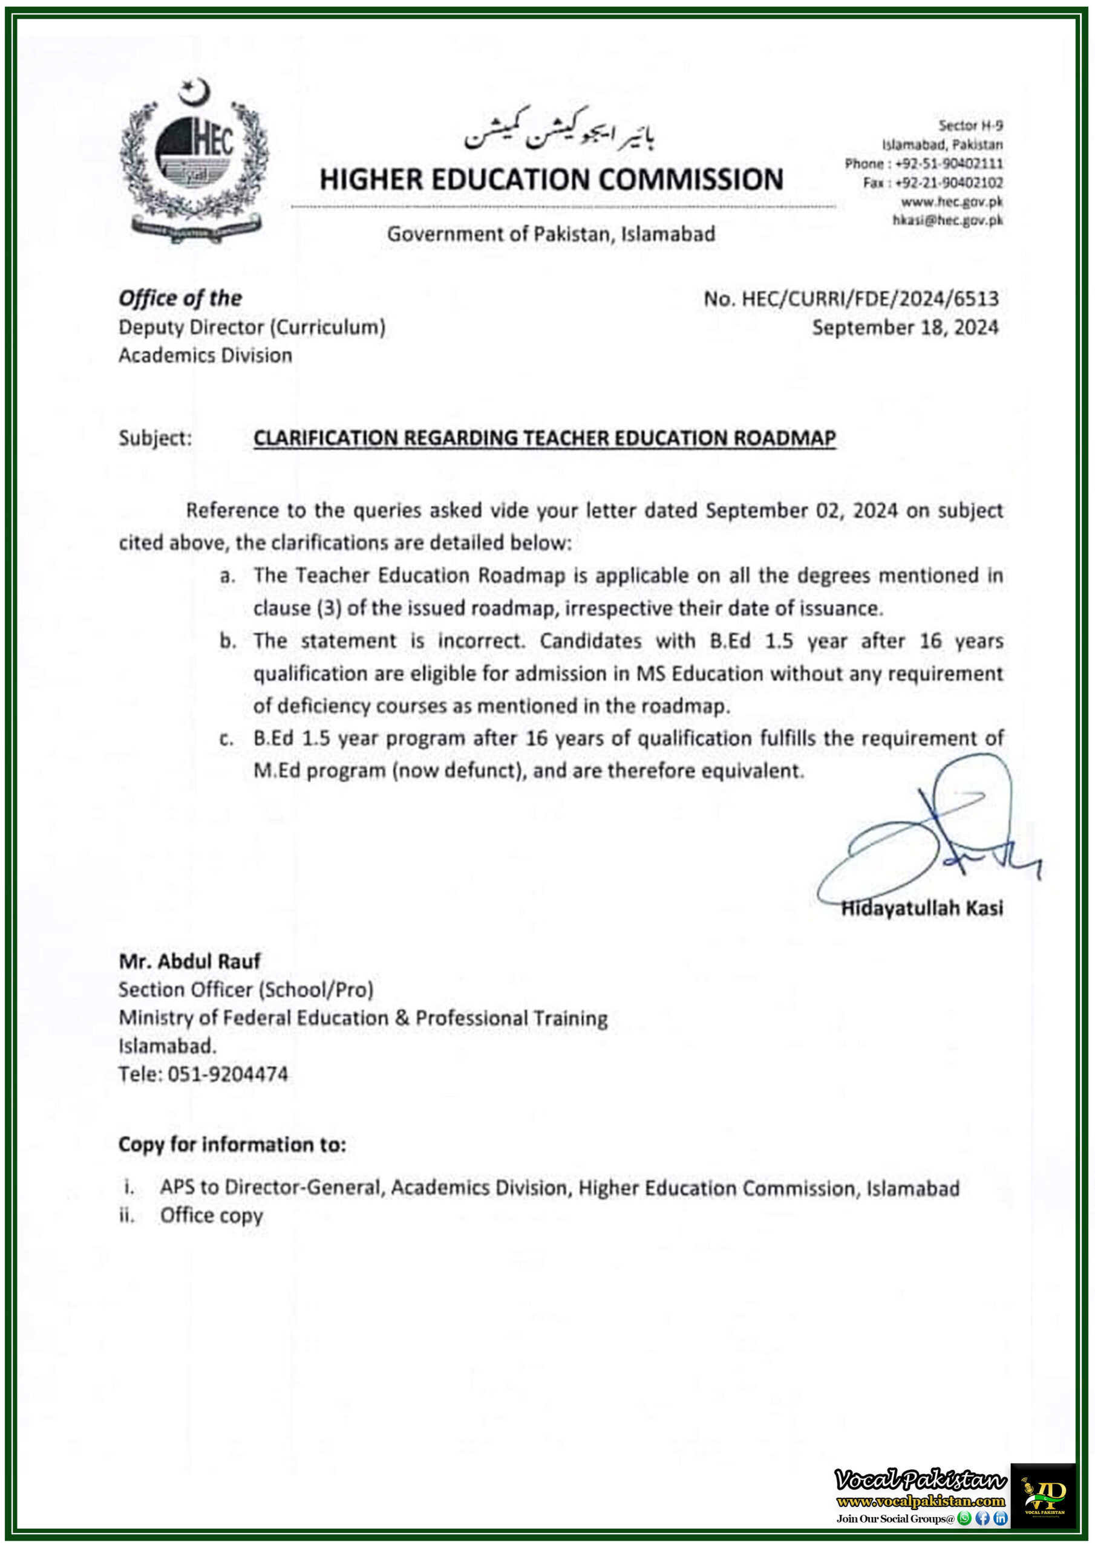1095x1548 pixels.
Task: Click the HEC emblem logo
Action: tap(194, 162)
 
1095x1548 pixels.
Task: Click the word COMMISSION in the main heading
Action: tap(691, 180)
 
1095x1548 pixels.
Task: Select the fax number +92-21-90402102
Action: tap(948, 183)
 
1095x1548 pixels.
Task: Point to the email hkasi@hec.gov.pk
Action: tap(947, 220)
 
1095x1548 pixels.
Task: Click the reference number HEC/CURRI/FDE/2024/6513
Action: tap(870, 299)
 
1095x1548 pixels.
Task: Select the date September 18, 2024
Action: tap(905, 328)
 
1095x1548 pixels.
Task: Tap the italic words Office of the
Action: tap(180, 298)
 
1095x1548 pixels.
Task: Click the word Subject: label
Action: tap(155, 438)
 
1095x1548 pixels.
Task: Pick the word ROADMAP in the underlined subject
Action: tap(785, 438)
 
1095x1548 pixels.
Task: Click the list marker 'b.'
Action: tap(227, 640)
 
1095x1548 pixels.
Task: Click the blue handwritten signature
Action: tap(931, 836)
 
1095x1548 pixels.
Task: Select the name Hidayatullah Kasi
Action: tap(921, 908)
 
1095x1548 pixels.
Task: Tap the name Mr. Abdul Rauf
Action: tap(189, 961)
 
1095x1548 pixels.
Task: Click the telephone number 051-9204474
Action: tap(227, 1074)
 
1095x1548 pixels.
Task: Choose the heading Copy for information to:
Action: tap(232, 1145)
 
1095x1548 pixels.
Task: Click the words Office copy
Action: tap(211, 1215)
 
